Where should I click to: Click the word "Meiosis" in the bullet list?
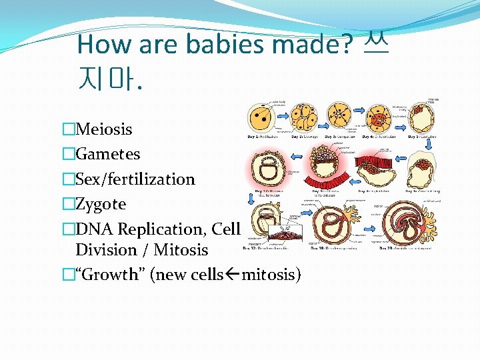[x=104, y=129]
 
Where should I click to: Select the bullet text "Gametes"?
[x=107, y=154]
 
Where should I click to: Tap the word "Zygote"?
[x=101, y=204]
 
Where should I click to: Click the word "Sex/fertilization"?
[x=135, y=179]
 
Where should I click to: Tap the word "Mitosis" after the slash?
[x=181, y=250]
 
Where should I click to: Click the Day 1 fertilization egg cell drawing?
[x=261, y=118]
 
